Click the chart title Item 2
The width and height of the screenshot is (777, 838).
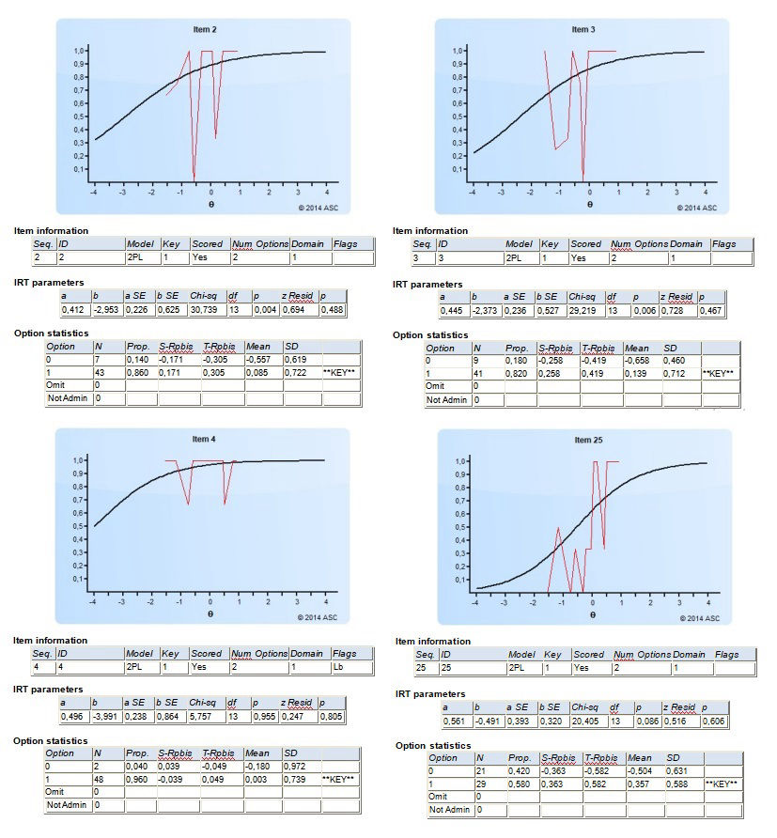pyautogui.click(x=204, y=30)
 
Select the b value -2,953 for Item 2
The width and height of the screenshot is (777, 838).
pyautogui.click(x=104, y=309)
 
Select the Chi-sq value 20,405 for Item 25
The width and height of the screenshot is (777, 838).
pyautogui.click(x=583, y=720)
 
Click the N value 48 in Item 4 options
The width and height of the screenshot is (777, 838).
pyautogui.click(x=100, y=780)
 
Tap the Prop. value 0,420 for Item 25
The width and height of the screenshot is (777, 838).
pyautogui.click(x=520, y=770)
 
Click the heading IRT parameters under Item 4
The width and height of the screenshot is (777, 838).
pyautogui.click(x=47, y=689)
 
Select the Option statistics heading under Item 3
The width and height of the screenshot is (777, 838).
pyautogui.click(x=430, y=334)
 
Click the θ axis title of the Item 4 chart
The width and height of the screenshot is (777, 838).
pyautogui.click(x=210, y=613)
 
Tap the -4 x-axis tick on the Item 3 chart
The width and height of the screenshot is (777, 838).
pyautogui.click(x=473, y=193)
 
